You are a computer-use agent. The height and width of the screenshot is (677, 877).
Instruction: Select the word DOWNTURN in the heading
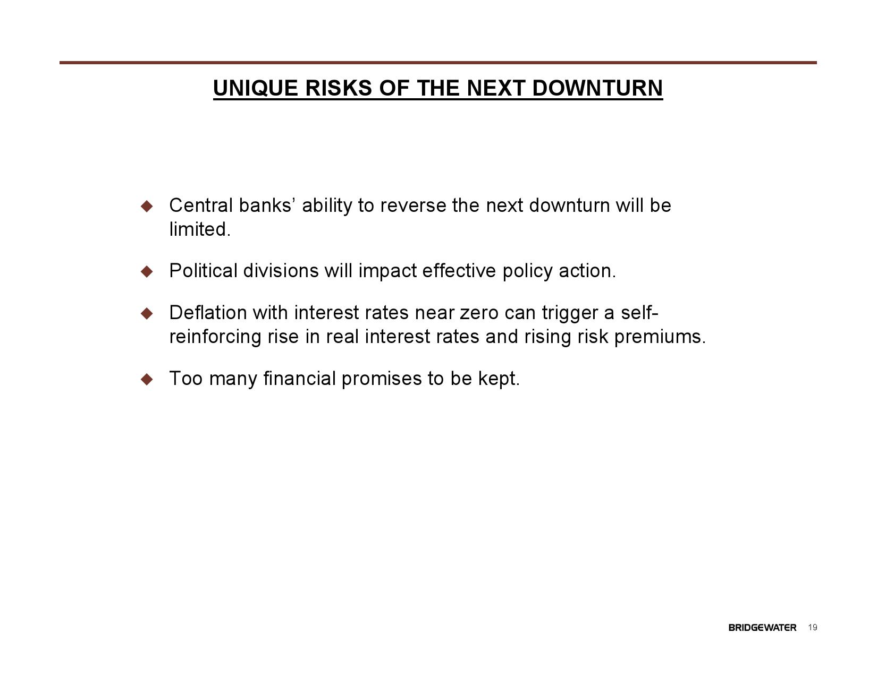click(597, 88)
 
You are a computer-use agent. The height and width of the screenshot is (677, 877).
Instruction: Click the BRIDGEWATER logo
click(762, 628)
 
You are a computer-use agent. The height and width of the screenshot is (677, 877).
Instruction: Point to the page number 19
click(813, 628)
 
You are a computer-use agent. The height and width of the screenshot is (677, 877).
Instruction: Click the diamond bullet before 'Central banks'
click(147, 206)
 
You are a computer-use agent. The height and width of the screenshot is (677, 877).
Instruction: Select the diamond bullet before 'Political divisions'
click(147, 271)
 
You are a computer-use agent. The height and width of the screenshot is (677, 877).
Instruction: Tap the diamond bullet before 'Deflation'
click(147, 313)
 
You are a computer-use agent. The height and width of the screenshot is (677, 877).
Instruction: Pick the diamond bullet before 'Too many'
click(147, 379)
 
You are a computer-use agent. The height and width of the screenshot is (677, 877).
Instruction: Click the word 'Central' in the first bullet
click(201, 205)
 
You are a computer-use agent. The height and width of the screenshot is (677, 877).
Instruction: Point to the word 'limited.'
click(200, 229)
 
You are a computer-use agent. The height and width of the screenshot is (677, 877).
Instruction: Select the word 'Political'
click(203, 271)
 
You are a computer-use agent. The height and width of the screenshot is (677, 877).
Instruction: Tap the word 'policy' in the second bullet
click(527, 271)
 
